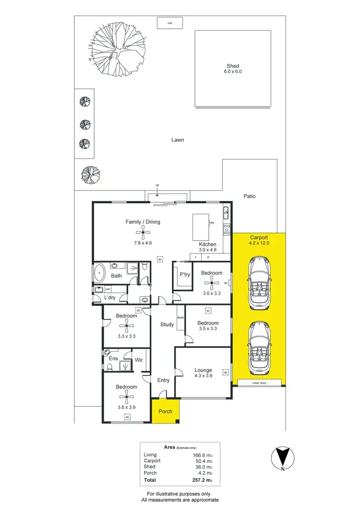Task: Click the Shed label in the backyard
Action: [x=233, y=66]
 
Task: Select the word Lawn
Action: [x=178, y=140]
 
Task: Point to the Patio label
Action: [x=249, y=196]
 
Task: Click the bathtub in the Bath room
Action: [x=100, y=273]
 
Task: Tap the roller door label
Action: [x=259, y=383]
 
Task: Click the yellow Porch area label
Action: [x=166, y=412]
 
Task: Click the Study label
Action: [x=167, y=325]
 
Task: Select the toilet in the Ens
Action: [x=110, y=367]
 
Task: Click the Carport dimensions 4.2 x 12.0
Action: [x=259, y=243]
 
